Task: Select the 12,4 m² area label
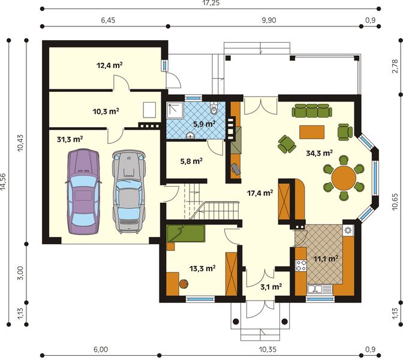tap(109, 65)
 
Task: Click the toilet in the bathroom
tap(214, 110)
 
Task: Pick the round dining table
tap(344, 178)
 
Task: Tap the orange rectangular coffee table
tap(311, 131)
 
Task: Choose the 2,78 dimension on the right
tap(395, 65)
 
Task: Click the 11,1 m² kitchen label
tap(326, 259)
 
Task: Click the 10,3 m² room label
tap(106, 112)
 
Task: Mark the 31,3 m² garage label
tap(70, 139)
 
